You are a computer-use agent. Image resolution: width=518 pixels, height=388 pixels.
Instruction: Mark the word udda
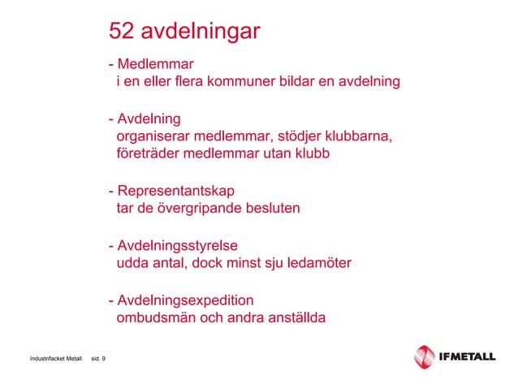[133, 263]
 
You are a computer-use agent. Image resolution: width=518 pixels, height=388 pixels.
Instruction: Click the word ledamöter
[319, 263]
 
